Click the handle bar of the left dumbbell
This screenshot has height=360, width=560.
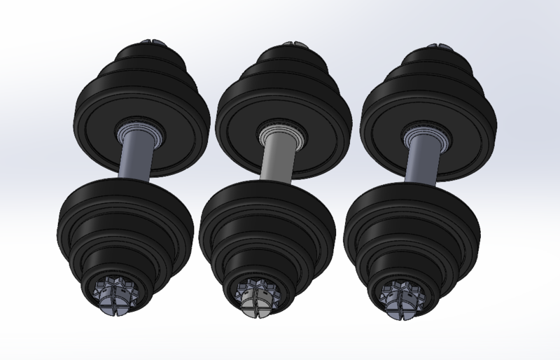tap(134, 163)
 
